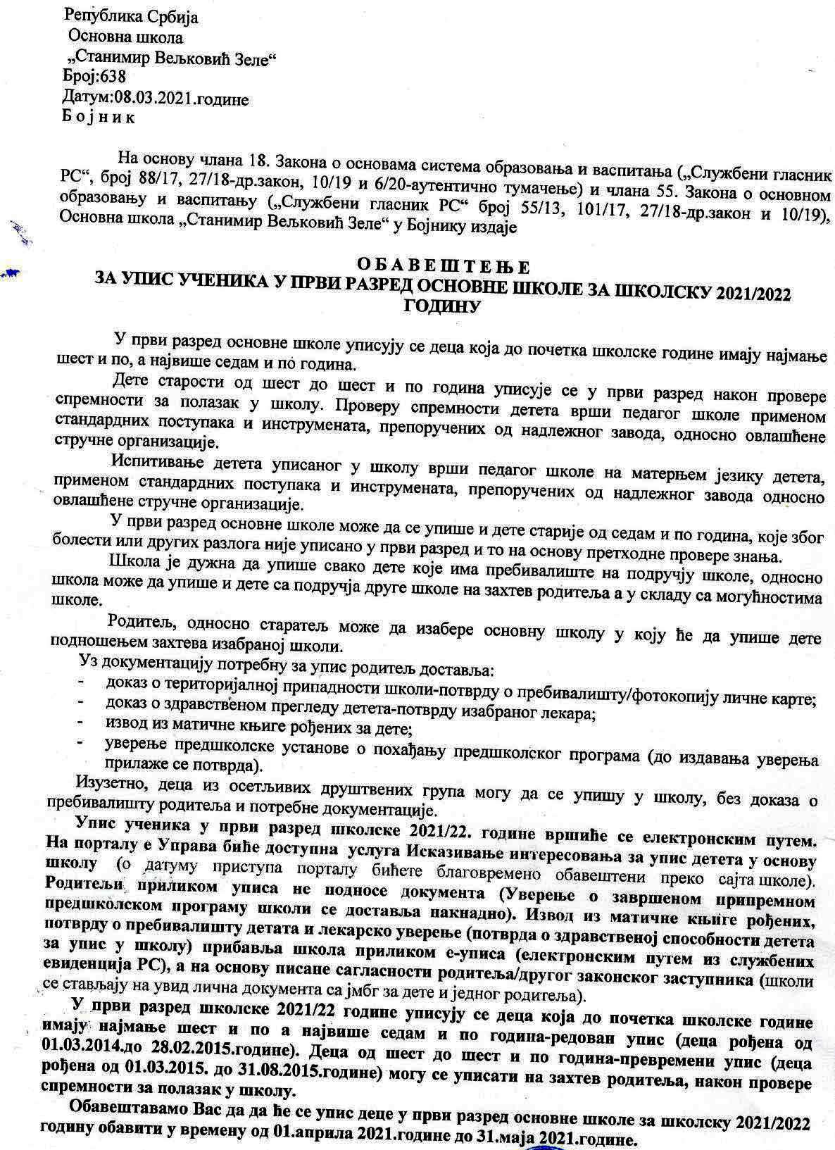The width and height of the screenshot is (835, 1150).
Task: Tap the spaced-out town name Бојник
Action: click(x=99, y=117)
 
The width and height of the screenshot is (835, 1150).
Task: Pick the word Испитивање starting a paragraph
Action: click(x=146, y=464)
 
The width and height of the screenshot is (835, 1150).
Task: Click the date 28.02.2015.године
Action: click(x=204, y=1060)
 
